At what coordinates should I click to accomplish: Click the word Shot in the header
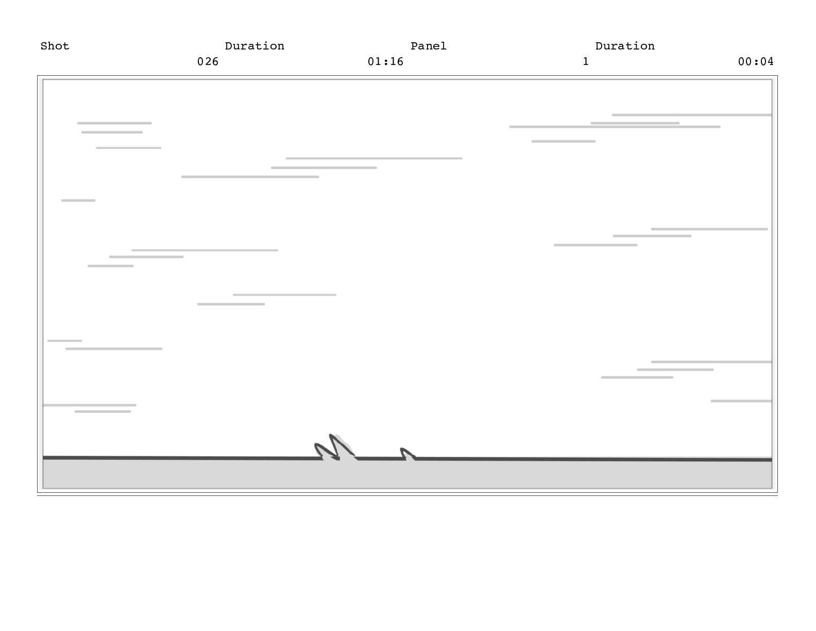click(x=55, y=46)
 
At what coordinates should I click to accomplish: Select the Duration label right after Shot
click(x=254, y=46)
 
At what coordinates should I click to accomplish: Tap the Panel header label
click(x=428, y=46)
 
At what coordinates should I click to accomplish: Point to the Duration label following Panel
click(x=625, y=46)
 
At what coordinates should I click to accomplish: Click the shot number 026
click(x=208, y=61)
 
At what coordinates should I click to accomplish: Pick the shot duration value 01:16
click(x=385, y=61)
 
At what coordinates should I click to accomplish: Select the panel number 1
click(x=585, y=61)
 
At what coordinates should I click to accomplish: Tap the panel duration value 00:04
click(x=755, y=61)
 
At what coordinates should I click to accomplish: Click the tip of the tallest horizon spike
click(x=331, y=436)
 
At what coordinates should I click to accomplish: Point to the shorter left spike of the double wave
click(x=317, y=445)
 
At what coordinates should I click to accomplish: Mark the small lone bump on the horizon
click(x=403, y=450)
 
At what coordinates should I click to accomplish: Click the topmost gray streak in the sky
click(x=691, y=115)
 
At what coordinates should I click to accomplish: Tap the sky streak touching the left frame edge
click(x=89, y=405)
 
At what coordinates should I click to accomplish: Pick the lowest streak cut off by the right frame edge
click(x=741, y=401)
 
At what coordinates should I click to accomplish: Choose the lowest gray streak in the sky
click(x=103, y=411)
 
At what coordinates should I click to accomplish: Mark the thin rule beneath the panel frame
click(x=407, y=495)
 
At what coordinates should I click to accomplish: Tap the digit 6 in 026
click(x=215, y=61)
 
